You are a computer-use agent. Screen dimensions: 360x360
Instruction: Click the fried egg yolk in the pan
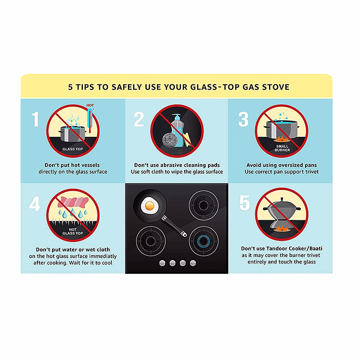pos(150,206)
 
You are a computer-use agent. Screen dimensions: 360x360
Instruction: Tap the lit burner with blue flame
pos(204,241)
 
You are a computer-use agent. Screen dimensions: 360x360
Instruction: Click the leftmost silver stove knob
pos(162,263)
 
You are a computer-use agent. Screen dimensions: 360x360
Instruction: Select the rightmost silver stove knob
pos(193,263)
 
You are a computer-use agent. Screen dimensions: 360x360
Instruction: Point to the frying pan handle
pos(174,226)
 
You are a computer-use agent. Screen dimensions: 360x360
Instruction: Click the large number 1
pos(35,119)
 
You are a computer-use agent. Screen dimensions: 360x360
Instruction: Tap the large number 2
pos(139,119)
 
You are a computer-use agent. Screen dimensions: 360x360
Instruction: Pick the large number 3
pos(243,119)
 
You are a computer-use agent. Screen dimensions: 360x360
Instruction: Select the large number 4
pos(35,204)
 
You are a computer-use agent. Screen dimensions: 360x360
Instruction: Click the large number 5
pos(244,203)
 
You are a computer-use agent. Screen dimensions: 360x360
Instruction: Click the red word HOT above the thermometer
pos(90,105)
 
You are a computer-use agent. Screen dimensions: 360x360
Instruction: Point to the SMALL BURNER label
pos(282,148)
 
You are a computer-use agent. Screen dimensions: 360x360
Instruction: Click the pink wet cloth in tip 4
pos(73,202)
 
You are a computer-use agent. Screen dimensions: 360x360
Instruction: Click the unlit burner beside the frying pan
pos(204,205)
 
